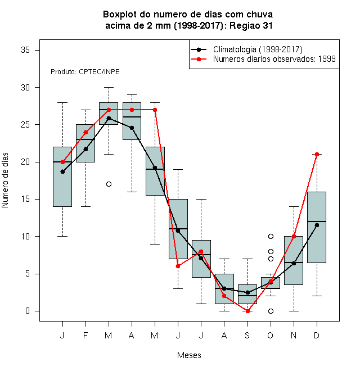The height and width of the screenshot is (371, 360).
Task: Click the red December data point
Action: pyautogui.click(x=317, y=154)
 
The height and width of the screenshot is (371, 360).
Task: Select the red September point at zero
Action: pyautogui.click(x=247, y=311)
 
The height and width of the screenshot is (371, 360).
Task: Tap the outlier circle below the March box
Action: pyautogui.click(x=109, y=184)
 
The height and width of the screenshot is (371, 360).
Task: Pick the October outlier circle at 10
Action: pyautogui.click(x=271, y=236)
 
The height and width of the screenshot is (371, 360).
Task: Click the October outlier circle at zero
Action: pyautogui.click(x=271, y=311)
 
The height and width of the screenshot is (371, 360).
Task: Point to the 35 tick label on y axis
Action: pyautogui.click(x=25, y=50)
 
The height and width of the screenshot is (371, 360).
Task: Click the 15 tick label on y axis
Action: pyautogui.click(x=25, y=199)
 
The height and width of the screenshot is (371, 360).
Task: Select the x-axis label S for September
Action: pyautogui.click(x=247, y=336)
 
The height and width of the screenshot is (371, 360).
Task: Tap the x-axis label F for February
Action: pyautogui.click(x=85, y=336)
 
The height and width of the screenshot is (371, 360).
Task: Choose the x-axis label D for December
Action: pyautogui.click(x=317, y=336)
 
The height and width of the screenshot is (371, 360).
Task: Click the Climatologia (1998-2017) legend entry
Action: pyautogui.click(x=246, y=49)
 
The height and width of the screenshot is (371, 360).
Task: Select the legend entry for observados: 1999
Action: pyautogui.click(x=263, y=59)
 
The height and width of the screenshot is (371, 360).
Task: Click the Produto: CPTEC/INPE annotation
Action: pyautogui.click(x=85, y=72)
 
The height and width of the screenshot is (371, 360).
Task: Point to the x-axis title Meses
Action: pyautogui.click(x=189, y=355)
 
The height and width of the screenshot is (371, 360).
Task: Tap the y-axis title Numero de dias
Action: pyautogui.click(x=5, y=180)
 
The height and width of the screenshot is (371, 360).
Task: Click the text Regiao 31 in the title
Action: pyautogui.click(x=251, y=25)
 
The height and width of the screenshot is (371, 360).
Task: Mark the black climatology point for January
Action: pyautogui.click(x=62, y=172)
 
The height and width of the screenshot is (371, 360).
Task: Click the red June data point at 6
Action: pyautogui.click(x=178, y=266)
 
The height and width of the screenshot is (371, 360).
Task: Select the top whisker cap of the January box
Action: pyautogui.click(x=62, y=103)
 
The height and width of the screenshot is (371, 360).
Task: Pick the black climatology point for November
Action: pyautogui.click(x=294, y=263)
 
